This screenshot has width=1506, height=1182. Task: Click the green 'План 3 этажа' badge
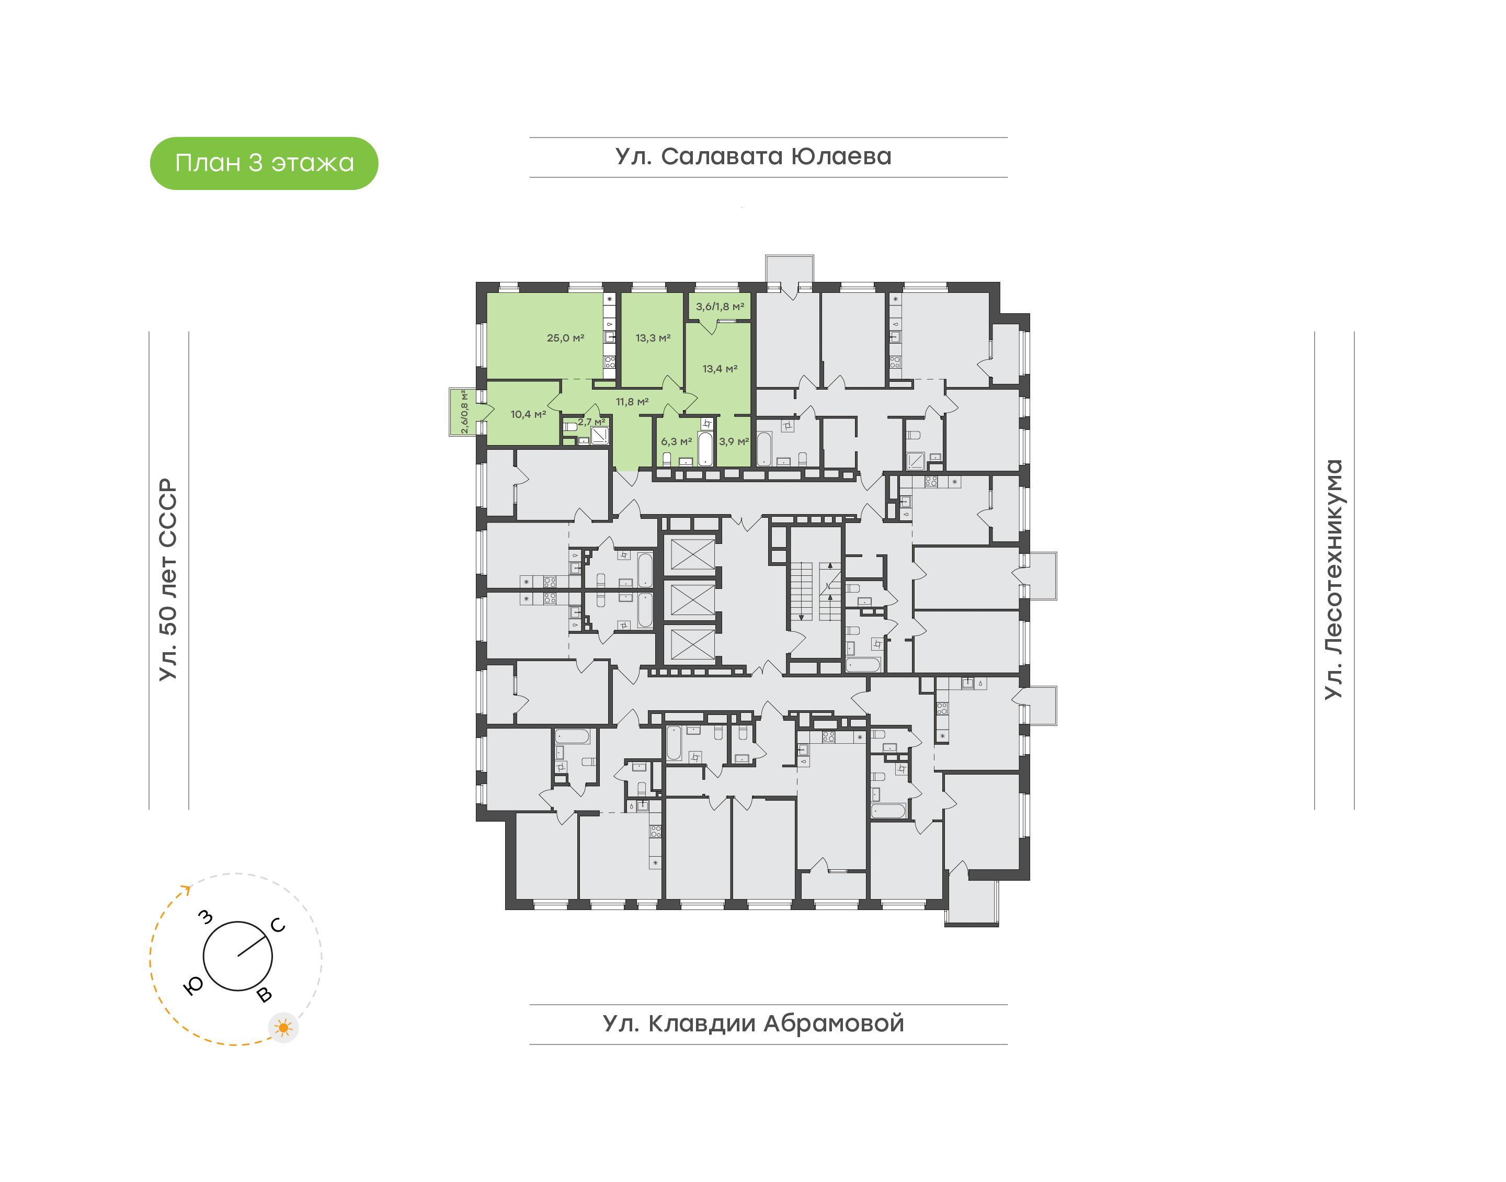(264, 163)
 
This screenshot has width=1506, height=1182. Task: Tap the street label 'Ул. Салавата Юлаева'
(754, 157)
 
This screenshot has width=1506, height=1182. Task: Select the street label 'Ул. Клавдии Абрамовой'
(754, 1024)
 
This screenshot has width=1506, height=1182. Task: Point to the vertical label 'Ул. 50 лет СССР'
(168, 579)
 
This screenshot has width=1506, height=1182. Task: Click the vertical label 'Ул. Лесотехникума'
(1333, 579)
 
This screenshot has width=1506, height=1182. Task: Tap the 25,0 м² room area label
(565, 338)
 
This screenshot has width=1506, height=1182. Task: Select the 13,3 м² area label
(653, 338)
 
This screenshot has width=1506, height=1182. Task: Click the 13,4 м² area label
(720, 369)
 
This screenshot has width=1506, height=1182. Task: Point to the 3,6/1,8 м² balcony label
(720, 306)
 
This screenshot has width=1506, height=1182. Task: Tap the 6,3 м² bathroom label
(677, 441)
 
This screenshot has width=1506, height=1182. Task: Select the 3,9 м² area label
(734, 441)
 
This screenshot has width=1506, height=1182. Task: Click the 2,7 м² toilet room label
(591, 422)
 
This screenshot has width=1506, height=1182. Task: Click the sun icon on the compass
(283, 1028)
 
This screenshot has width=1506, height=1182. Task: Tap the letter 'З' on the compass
(206, 917)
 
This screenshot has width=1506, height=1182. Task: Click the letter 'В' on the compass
(264, 995)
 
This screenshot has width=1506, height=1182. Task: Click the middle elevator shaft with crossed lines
(692, 600)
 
